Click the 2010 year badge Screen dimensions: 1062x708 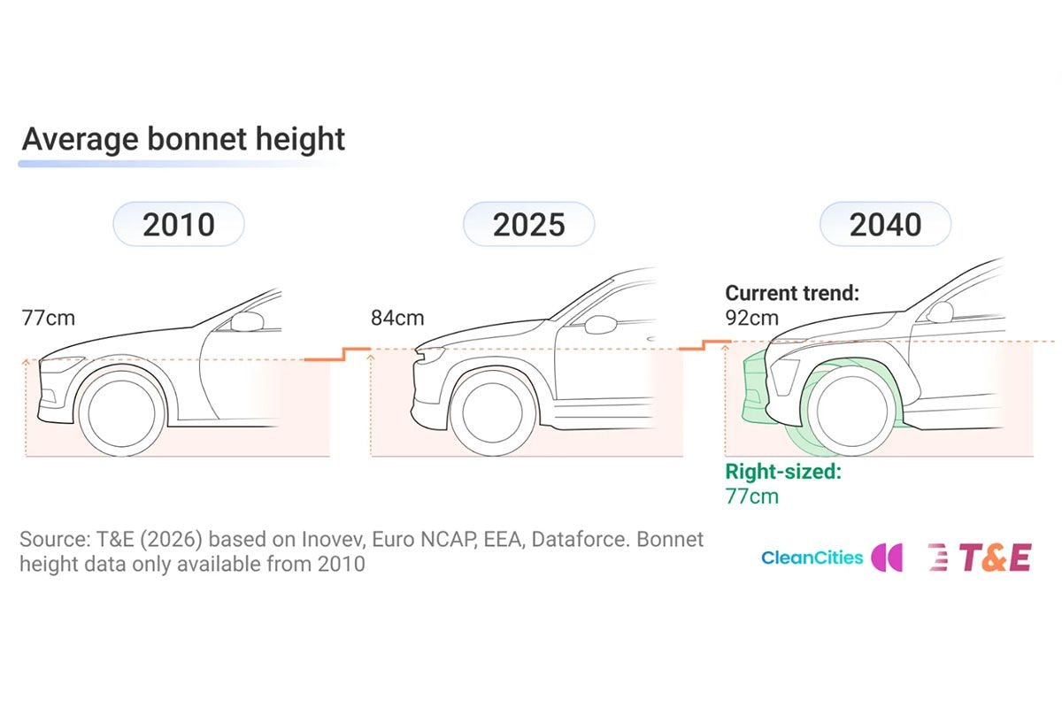coord(179,224)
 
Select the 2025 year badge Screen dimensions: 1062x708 coord(528,224)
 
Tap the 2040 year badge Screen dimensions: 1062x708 coord(885,224)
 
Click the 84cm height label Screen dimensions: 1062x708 coord(397,318)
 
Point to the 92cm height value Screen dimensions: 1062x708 coord(752,318)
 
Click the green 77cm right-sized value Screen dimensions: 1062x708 coord(752,496)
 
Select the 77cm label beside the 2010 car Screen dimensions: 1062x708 coord(49,318)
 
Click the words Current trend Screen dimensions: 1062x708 coord(792,293)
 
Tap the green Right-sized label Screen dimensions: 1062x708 coord(783,472)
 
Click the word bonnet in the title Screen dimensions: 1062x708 coord(196,139)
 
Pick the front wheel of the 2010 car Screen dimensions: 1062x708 coord(122,412)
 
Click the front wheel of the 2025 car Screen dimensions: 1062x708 coord(493,412)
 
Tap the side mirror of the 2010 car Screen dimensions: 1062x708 coord(247,321)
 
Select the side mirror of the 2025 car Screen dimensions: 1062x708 coord(601,325)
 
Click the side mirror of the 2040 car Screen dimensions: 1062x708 coord(940,312)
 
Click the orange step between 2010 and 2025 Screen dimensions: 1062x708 coord(337,354)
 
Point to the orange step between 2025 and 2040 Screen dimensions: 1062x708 coord(705,345)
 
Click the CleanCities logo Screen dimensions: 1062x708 coord(832,558)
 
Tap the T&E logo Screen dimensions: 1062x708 coord(980,558)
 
